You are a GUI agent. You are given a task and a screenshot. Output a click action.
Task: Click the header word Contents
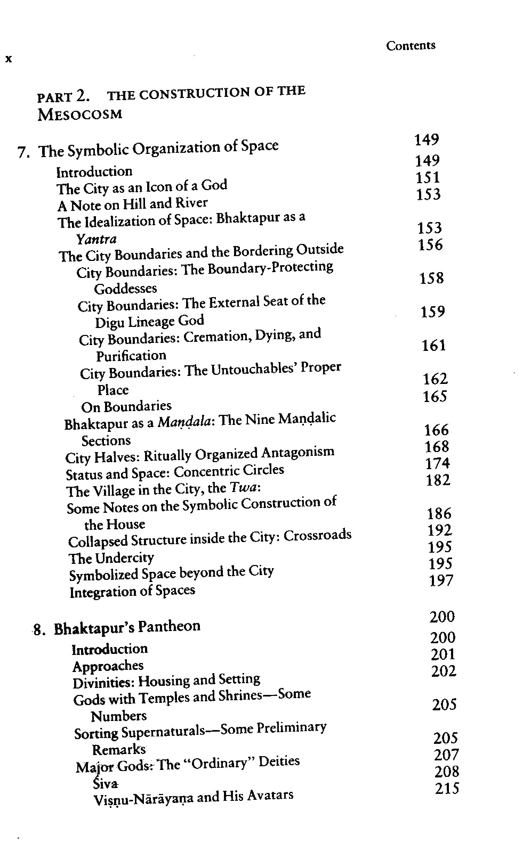pos(411,46)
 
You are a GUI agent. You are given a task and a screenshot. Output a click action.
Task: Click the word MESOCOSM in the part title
pos(80,114)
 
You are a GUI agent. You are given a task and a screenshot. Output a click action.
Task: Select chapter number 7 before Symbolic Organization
pos(22,153)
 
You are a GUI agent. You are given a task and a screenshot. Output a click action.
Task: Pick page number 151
pos(428,177)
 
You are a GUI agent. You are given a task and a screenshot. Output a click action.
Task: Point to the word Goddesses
pos(125,289)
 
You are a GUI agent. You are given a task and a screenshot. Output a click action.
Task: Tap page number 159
pos(432,312)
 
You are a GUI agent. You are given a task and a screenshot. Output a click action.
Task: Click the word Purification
pos(131,355)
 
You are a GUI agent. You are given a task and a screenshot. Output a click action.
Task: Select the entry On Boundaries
pos(126,407)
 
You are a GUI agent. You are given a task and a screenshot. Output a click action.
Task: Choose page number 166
pos(436,430)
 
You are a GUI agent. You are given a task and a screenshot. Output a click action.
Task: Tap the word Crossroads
pos(317,535)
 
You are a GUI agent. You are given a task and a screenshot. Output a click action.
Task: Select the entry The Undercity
pos(111,558)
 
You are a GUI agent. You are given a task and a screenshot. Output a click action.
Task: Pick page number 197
pos(441,580)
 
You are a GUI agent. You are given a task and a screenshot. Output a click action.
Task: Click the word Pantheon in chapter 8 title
pos(169,627)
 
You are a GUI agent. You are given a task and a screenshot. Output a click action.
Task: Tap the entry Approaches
pos(108,666)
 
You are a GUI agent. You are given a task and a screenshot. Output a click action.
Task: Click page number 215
pos(447,789)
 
